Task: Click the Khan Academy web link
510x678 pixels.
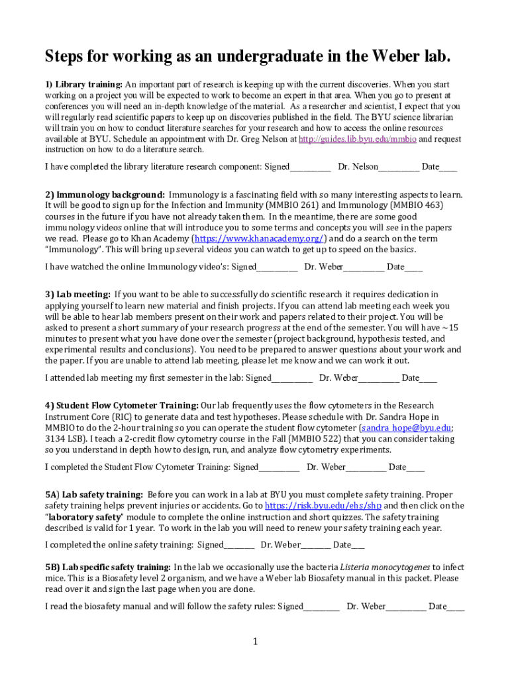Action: (x=259, y=238)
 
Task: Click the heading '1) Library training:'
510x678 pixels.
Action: (x=83, y=84)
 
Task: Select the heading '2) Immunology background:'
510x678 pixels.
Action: (x=105, y=195)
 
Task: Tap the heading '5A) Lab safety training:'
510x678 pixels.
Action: (x=94, y=495)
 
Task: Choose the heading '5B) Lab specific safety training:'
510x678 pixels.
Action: (x=107, y=567)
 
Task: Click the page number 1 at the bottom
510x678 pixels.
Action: (x=255, y=642)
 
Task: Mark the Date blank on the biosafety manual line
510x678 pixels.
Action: (x=456, y=607)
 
